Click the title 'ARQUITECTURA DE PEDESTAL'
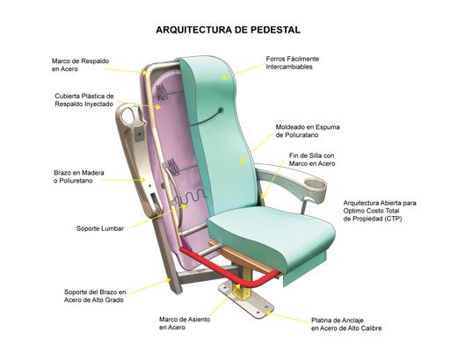[228, 30]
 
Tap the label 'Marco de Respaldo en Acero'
[80, 65]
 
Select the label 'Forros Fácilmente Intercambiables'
[293, 62]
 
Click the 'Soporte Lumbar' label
[100, 228]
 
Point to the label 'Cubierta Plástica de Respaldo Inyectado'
[84, 100]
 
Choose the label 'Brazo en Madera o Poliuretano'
[79, 176]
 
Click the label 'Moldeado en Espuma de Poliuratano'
[308, 131]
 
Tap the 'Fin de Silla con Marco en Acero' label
[312, 160]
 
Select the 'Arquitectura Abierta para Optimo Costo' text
[380, 206]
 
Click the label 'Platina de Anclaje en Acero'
[346, 324]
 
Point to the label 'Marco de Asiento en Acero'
[185, 323]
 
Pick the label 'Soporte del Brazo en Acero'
[95, 296]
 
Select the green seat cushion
[271, 234]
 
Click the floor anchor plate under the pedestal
[246, 299]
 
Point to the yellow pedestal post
[245, 284]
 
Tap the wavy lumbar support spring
[191, 197]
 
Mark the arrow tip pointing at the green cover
[221, 78]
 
